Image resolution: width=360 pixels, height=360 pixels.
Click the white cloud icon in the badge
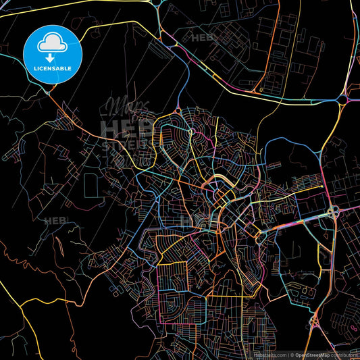pyautogui.click(x=53, y=44)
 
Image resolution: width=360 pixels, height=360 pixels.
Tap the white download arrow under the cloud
pyautogui.click(x=53, y=57)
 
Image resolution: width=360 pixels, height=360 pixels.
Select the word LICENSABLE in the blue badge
pyautogui.click(x=53, y=70)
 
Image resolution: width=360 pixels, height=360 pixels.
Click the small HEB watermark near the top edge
pyautogui.click(x=203, y=38)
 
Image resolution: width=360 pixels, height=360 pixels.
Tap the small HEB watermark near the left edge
pyautogui.click(x=53, y=221)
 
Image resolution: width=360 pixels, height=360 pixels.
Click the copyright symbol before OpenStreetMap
pyautogui.click(x=292, y=355)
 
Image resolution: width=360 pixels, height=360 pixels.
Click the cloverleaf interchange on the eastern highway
pyautogui.click(x=333, y=213)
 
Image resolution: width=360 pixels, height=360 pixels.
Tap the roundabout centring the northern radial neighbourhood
pyautogui.click(x=192, y=131)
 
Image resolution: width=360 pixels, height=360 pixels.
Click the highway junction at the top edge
pyautogui.click(x=157, y=5)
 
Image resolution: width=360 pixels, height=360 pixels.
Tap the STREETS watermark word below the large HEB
pyautogui.click(x=126, y=143)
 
